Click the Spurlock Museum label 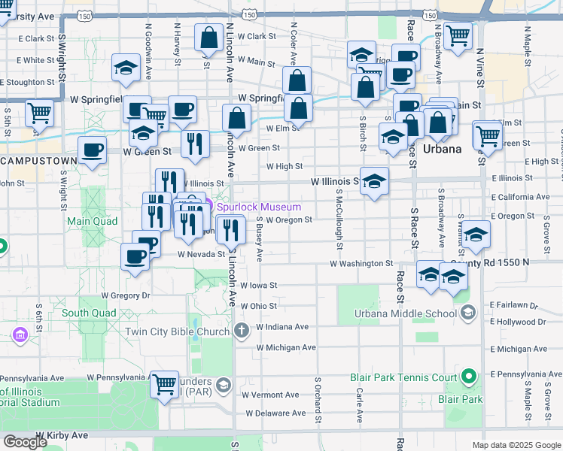click(x=260, y=207)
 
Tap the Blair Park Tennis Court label click(x=403, y=377)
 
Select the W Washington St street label click(x=361, y=264)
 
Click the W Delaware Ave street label click(x=275, y=413)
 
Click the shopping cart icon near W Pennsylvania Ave click(x=164, y=384)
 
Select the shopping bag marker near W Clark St click(x=207, y=37)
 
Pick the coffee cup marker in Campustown click(x=92, y=150)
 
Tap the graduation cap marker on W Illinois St click(x=375, y=181)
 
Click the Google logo click(x=25, y=442)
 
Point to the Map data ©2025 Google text click(x=516, y=445)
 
